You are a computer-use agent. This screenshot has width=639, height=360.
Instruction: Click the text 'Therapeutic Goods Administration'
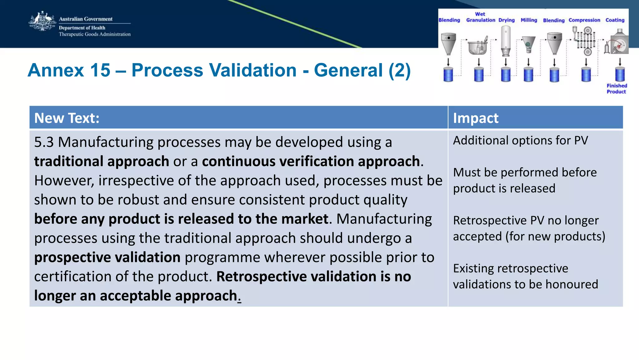point(95,34)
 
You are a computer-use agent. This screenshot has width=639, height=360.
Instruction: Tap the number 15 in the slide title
point(100,70)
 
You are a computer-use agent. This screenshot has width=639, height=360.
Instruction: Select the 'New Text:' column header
point(67,118)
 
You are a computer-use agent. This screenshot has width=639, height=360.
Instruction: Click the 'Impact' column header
point(476,118)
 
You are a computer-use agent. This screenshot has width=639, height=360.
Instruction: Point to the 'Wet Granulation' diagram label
point(480,17)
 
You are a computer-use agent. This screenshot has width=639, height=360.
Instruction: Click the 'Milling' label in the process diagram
point(529,20)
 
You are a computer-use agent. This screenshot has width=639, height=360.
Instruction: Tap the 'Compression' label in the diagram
point(584,20)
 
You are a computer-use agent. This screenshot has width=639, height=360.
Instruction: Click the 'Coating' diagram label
point(615,20)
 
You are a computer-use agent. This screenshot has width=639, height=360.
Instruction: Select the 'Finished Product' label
point(617,89)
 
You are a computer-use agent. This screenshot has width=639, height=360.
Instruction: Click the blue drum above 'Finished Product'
point(620,75)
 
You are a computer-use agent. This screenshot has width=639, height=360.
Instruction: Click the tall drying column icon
point(506,41)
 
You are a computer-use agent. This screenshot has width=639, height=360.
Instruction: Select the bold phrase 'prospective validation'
point(107,258)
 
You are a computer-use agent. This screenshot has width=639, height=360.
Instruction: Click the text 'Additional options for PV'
point(520,141)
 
